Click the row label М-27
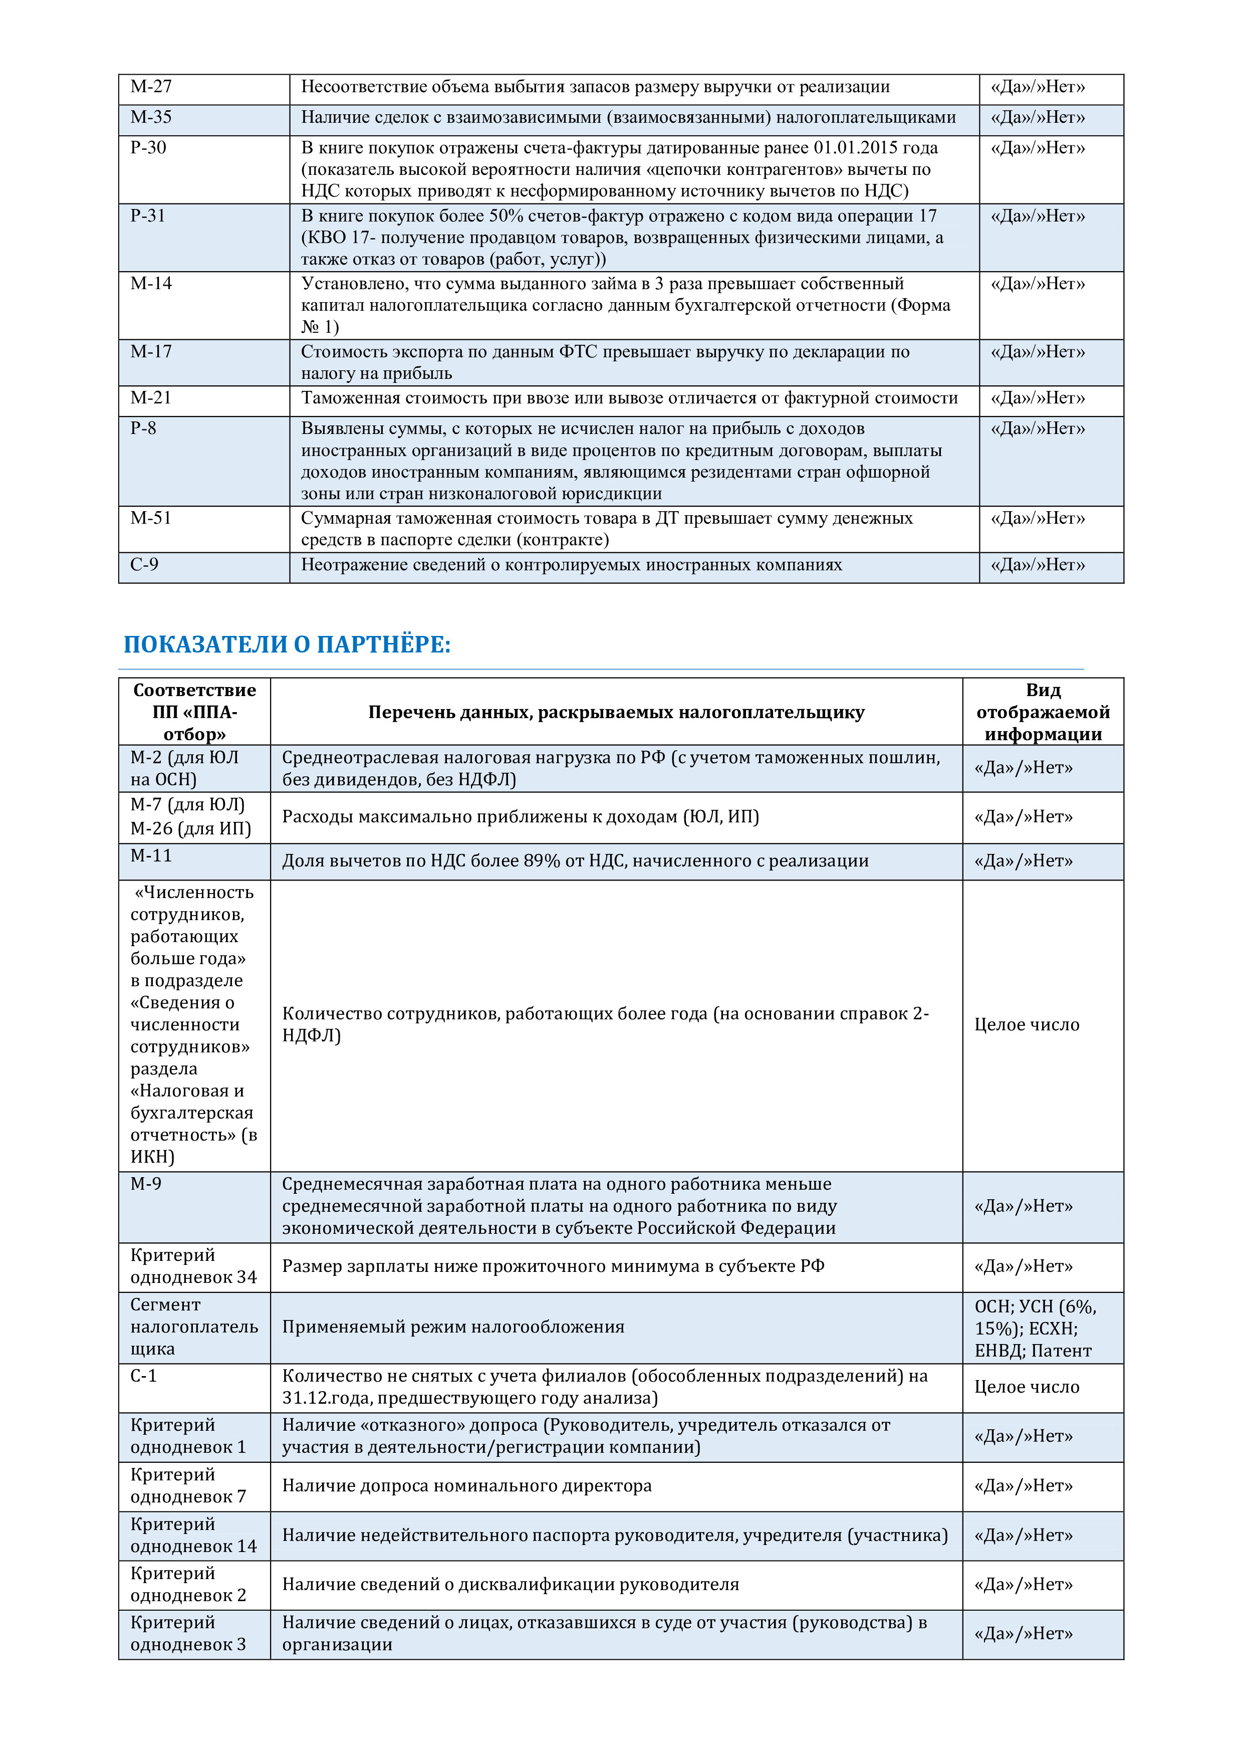pos(151,87)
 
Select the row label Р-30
pos(148,148)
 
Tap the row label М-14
pos(151,283)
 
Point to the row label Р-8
pos(143,428)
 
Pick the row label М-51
pos(151,518)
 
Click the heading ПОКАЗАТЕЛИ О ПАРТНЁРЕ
pos(287,644)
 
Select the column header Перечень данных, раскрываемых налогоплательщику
pos(616,712)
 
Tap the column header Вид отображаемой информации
pos(1043,712)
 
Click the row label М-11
pos(151,855)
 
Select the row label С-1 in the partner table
pos(143,1376)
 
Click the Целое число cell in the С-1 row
pos(1027,1387)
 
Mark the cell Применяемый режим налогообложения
pos(453,1327)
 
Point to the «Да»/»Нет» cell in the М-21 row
pos(1038,398)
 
